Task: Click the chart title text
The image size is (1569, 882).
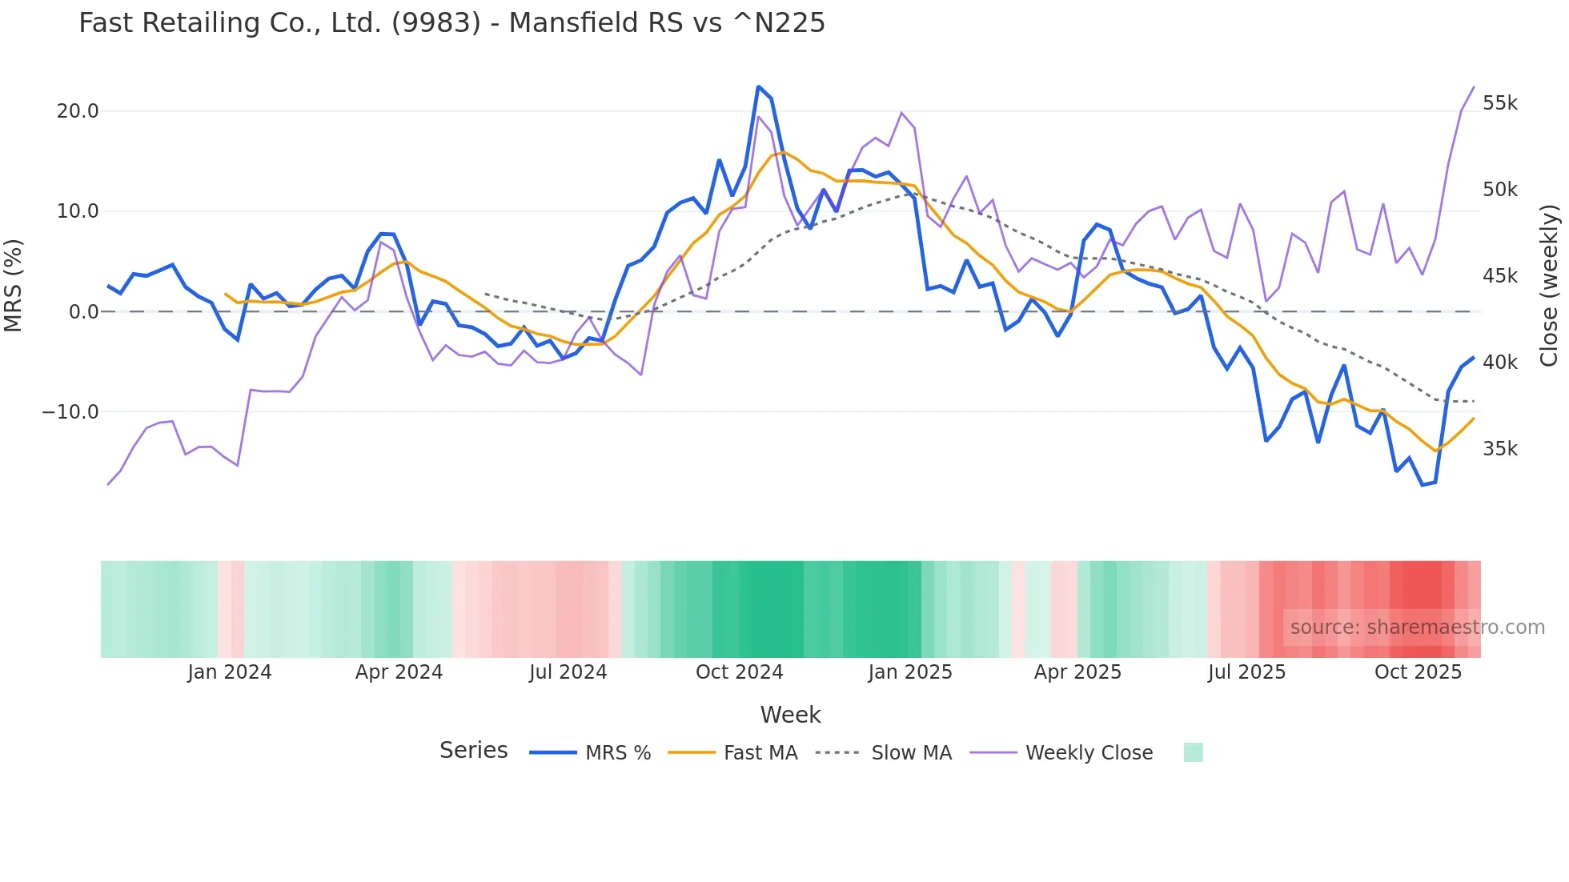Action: tap(451, 23)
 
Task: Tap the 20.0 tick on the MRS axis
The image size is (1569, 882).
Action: tap(78, 111)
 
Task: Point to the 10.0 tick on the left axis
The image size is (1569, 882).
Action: tap(78, 211)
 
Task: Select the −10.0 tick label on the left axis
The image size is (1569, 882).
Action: tap(70, 412)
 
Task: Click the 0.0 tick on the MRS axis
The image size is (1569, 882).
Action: tap(84, 312)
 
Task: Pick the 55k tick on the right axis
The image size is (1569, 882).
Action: tap(1499, 103)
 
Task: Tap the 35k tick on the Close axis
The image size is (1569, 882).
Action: tap(1499, 449)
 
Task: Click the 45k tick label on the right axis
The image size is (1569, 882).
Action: tap(1499, 276)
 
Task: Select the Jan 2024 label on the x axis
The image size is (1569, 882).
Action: tap(230, 672)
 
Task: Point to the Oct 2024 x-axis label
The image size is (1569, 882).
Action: tap(739, 672)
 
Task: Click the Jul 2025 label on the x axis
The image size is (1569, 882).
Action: tap(1246, 672)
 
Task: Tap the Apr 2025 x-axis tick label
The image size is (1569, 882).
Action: tap(1077, 672)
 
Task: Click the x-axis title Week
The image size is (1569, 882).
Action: tap(790, 715)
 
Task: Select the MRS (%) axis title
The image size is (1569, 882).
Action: tap(14, 285)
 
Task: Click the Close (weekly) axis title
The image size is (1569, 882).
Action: tap(1549, 285)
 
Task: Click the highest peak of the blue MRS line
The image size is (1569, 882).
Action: tap(758, 86)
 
